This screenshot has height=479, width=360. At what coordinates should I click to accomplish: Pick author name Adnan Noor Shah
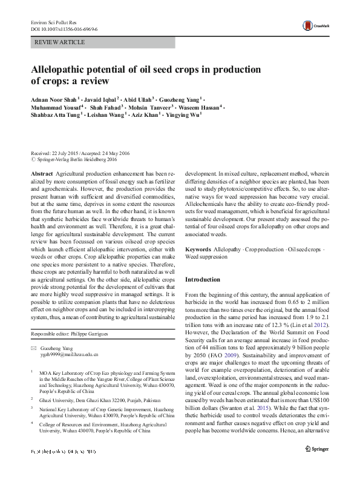[x=53, y=98]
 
